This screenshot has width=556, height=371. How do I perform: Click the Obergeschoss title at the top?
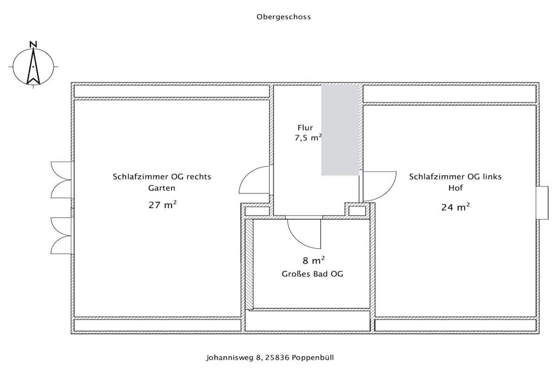pos(283,17)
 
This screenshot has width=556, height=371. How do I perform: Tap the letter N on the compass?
pos(33,45)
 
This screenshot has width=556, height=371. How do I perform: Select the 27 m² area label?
pos(163,204)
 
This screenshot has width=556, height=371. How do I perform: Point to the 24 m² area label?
pos(456,206)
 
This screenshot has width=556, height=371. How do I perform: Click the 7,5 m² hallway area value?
pos(308,137)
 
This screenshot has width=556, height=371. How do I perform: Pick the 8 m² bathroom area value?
pos(314,260)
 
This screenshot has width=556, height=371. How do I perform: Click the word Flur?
pos(305,127)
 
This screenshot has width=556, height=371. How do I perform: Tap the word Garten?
pos(162,188)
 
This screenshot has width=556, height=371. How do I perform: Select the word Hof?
pos(456,187)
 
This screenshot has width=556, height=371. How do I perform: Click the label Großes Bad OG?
pos(312,274)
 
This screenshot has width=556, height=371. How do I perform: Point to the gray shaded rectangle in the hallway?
pos(340,130)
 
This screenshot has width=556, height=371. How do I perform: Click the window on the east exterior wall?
pos(542,203)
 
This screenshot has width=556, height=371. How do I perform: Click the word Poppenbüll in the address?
pos(313,357)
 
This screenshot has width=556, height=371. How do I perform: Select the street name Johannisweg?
pos(230,357)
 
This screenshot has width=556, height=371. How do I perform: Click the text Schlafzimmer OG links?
pos(456,177)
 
